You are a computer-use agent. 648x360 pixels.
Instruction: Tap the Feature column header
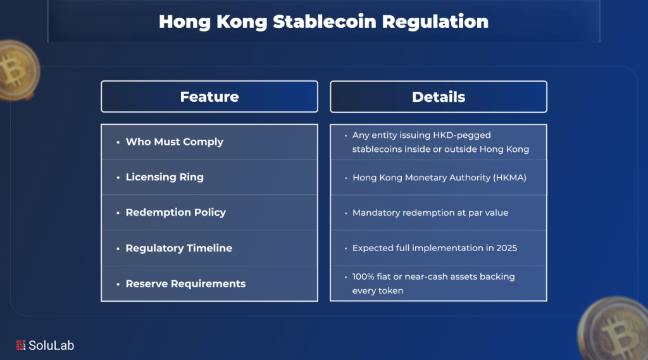pos(209,97)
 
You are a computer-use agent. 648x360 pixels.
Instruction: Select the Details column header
pos(439,97)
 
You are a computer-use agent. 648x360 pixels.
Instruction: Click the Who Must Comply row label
pos(174,142)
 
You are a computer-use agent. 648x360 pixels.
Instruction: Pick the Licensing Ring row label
pos(165,177)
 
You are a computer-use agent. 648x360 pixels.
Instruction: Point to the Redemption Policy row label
pos(175,213)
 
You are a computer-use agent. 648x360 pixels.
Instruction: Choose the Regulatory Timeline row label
pos(178,248)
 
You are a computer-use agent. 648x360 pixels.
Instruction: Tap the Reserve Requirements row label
pos(185,283)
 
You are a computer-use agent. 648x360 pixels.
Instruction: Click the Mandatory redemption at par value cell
pos(430,213)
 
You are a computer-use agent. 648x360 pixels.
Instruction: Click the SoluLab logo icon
pos(21,345)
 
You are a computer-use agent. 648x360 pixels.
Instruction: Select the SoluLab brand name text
pos(54,345)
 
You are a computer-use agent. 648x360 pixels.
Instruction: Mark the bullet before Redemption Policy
pos(118,213)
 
